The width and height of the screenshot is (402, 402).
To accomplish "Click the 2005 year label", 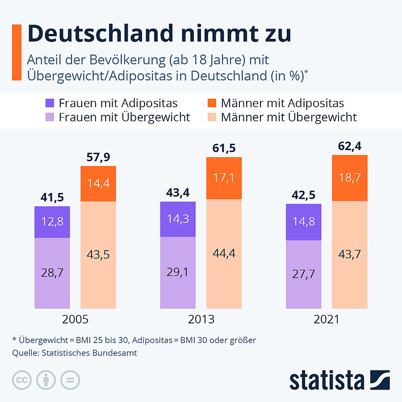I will click(x=75, y=320).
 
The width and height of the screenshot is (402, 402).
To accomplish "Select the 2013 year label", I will click(x=201, y=320).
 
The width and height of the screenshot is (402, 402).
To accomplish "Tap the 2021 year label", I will click(x=327, y=320).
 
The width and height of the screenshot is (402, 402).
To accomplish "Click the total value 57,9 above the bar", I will click(x=98, y=157).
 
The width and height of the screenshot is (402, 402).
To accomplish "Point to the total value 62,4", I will click(x=350, y=146).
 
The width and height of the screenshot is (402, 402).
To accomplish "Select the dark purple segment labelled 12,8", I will click(x=52, y=222).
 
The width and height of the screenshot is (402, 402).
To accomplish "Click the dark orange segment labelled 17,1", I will click(x=224, y=178).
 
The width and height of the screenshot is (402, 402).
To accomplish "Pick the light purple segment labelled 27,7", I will click(x=304, y=274).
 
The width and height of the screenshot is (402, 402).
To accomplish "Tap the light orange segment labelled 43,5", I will click(x=98, y=255).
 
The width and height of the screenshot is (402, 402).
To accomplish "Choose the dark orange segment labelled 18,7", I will click(x=350, y=178).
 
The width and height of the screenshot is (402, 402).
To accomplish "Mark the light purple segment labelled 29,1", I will click(x=178, y=272).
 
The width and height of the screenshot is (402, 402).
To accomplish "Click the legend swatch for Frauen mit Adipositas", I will click(x=50, y=103).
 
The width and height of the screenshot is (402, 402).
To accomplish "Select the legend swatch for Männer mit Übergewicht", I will click(x=212, y=117).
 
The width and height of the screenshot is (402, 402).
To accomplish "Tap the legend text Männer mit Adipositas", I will click(x=282, y=103).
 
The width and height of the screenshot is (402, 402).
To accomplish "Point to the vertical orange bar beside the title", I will click(x=17, y=53).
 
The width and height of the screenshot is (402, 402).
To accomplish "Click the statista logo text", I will click(x=327, y=380).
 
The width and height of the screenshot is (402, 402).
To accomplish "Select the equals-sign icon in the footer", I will click(x=70, y=380).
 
